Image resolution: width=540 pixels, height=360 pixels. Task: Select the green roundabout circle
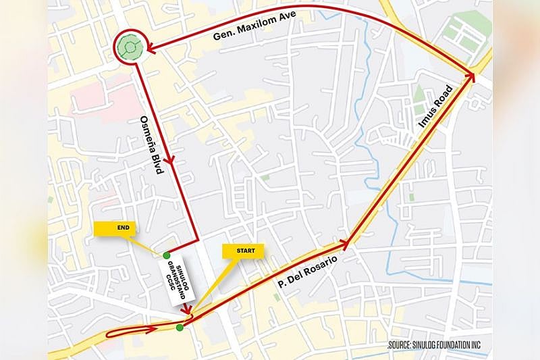(128, 47)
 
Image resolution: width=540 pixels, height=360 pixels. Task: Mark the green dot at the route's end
(166, 255)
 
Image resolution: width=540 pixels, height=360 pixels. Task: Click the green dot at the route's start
(179, 328)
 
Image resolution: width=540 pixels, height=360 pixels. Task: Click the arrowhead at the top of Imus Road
(470, 76)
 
